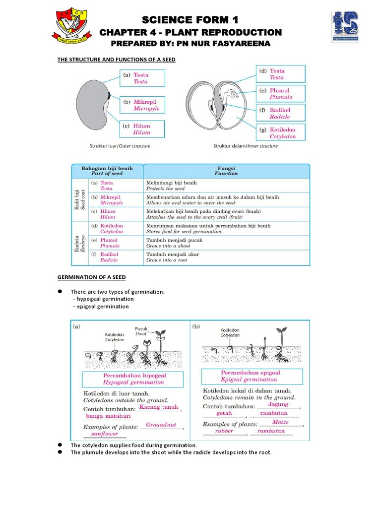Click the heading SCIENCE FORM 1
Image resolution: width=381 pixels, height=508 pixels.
tap(190, 20)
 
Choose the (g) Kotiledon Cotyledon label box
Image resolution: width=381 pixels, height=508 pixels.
tap(281, 132)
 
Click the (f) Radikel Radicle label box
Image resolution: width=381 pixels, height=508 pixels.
tap(281, 113)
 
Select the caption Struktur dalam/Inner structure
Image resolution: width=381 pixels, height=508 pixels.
tap(245, 146)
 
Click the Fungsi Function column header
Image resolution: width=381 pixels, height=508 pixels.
tap(226, 171)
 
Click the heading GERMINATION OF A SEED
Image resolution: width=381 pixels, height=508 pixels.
tap(92, 277)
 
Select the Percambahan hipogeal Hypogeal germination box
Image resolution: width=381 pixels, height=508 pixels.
tap(133, 379)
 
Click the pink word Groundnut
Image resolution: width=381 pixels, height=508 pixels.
tap(162, 425)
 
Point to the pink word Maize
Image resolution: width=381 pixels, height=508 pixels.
tap(281, 422)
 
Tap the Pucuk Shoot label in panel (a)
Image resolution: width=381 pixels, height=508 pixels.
tap(141, 331)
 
